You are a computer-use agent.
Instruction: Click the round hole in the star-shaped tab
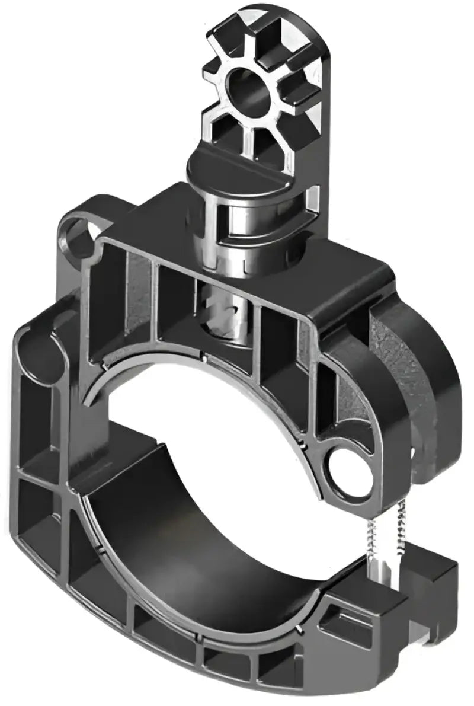click(x=249, y=89)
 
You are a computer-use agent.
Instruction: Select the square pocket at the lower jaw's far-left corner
click(x=36, y=510)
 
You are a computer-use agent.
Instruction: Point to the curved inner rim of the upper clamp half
click(x=178, y=368)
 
